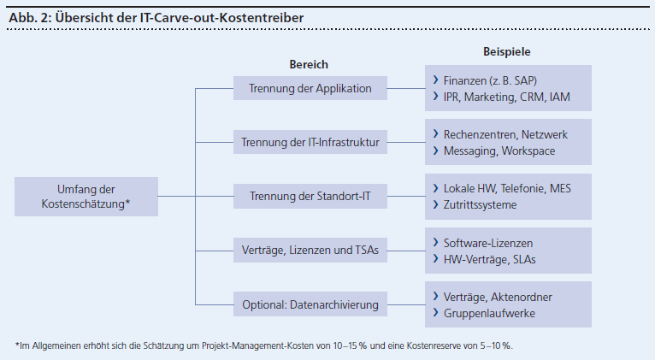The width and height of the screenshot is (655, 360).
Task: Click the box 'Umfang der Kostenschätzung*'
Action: point(86,197)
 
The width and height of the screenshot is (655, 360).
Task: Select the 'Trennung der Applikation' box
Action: point(310,88)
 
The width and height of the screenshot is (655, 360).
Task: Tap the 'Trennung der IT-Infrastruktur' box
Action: point(310,142)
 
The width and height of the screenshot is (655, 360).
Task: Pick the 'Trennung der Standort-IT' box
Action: point(310,196)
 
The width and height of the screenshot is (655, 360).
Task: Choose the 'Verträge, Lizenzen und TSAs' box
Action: point(310,251)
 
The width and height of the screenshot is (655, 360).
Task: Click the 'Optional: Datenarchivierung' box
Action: point(310,304)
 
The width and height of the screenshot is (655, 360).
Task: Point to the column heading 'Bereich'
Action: point(309,64)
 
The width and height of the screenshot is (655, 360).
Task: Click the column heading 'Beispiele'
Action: point(507,51)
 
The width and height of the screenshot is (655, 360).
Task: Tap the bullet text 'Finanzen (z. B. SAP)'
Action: point(490,80)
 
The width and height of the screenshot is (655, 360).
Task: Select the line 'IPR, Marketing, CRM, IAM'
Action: point(507,97)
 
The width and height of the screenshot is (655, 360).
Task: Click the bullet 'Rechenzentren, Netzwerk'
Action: point(505,134)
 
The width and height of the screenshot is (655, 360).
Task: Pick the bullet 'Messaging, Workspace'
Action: point(499,150)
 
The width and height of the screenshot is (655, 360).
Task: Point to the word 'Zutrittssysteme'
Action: point(480,204)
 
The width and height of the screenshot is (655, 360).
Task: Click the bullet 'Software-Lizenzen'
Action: point(488,243)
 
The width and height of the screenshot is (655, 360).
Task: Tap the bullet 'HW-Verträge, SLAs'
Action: point(490,259)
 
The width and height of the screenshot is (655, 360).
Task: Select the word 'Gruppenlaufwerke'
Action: point(489,313)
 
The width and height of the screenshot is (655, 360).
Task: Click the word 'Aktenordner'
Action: point(522,297)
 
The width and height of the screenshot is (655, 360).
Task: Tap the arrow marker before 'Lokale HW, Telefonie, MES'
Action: point(436,188)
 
